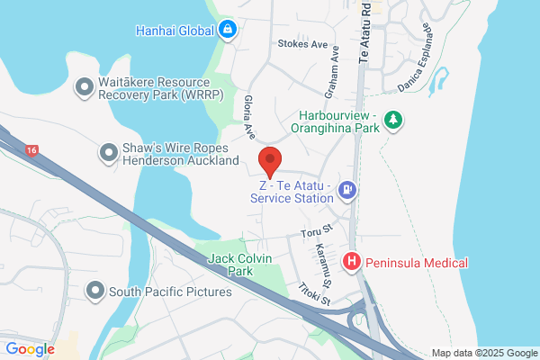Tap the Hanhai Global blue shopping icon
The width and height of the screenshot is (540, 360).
pos(228,30)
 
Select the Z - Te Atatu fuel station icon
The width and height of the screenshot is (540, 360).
pos(348,190)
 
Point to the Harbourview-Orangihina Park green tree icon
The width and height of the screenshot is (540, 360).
pos(392,119)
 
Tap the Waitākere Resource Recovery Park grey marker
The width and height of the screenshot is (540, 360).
pos(85,86)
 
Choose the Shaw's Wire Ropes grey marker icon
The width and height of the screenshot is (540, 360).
pos(109,153)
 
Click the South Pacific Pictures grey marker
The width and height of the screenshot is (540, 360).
pos(95,291)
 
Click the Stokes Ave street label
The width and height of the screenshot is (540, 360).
pos(303,43)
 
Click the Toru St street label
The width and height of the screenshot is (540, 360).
pos(318,233)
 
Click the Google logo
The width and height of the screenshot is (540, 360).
pos(30,349)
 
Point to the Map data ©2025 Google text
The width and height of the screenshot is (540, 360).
pos(482,353)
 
